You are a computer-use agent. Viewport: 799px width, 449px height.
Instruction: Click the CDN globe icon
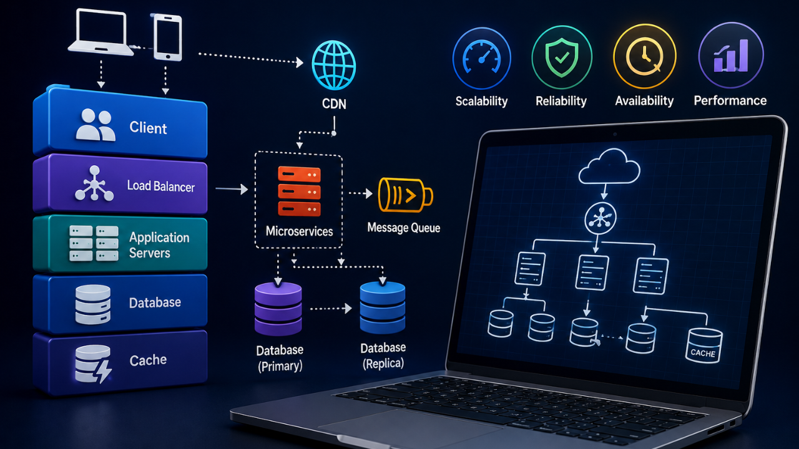coord(333,65)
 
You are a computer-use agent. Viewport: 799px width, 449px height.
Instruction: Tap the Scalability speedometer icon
coord(481,58)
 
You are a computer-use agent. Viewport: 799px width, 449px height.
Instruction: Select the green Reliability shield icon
coord(562,57)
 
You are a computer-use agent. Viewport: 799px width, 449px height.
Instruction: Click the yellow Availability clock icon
coord(645,56)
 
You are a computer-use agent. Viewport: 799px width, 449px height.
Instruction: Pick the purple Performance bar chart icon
coord(731,56)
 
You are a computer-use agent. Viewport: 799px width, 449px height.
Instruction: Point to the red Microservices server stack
coord(299,191)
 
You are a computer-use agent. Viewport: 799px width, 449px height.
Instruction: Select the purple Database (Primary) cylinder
coord(278,309)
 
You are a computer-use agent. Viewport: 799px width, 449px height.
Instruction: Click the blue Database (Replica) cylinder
coord(383,307)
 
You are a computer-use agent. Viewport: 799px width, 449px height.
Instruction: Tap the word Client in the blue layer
coord(148,128)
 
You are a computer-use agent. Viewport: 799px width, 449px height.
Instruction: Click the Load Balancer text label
coord(161,186)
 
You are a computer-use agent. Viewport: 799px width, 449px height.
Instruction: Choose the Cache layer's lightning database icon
coord(93,364)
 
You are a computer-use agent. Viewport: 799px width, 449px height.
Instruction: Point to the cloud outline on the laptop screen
coord(609,167)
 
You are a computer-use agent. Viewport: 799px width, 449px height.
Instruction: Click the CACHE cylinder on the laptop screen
coord(704,345)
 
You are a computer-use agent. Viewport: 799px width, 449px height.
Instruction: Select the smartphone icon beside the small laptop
coord(167,37)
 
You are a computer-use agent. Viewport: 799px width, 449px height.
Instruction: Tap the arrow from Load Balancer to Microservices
coord(232,188)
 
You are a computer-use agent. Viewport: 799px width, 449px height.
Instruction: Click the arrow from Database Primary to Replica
coord(331,309)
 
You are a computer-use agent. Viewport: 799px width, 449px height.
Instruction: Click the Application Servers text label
coord(159,245)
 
